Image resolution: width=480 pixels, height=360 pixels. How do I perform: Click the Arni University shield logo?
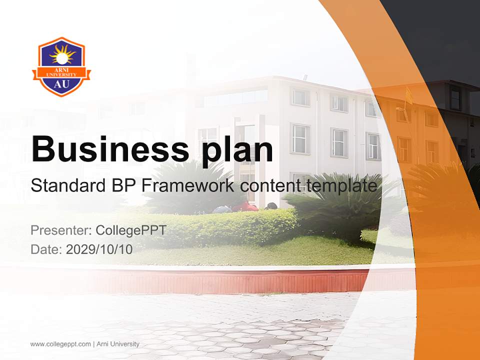(61, 66)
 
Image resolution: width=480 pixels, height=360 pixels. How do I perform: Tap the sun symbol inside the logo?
(61, 54)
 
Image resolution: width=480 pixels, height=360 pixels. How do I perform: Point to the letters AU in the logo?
(61, 83)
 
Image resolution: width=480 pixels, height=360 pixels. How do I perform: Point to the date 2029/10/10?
(99, 249)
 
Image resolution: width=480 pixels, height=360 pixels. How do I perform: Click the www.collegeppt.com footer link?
(60, 344)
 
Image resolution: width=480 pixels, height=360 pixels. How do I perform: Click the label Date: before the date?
(46, 249)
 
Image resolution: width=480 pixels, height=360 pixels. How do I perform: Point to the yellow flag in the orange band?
(408, 95)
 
